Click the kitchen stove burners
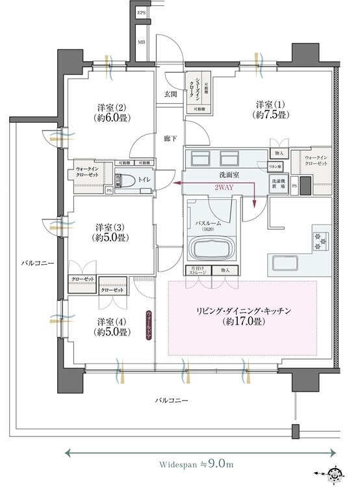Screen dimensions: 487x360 (x=321, y=240)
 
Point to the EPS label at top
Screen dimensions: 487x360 (x=141, y=13)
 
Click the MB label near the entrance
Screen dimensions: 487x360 (x=141, y=44)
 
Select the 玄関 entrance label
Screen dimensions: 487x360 (x=170, y=94)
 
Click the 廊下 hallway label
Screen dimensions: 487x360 (x=170, y=138)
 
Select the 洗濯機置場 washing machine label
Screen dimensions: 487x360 (x=278, y=183)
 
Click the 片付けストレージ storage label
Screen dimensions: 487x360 (x=198, y=271)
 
